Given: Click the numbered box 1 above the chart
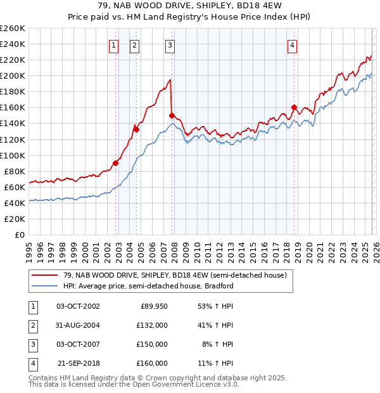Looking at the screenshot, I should coord(113,45).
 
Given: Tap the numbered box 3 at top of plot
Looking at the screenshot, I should coord(170,45).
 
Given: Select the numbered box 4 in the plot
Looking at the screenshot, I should coord(292,45).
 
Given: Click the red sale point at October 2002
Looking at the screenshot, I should coord(116,163).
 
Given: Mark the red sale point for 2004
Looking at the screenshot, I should coord(136,129).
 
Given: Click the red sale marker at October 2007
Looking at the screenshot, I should coord(172,115).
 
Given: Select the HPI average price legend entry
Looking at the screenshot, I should coord(148,286).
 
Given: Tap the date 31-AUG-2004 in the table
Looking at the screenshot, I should coord(78,325).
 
